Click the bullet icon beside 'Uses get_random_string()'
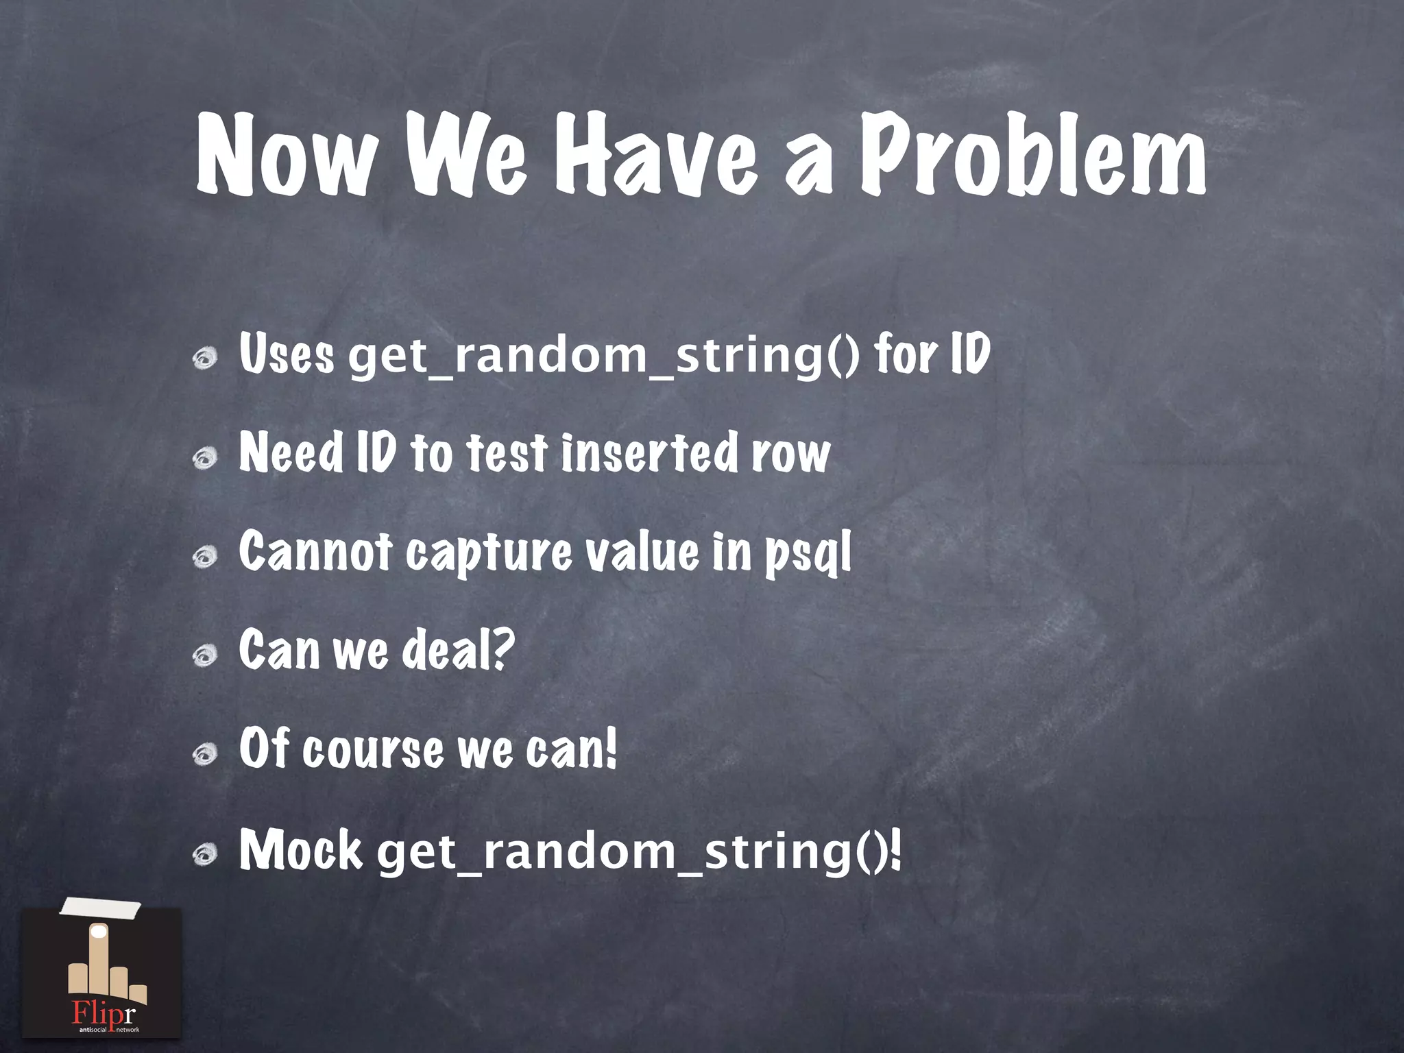tap(205, 357)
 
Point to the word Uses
tap(287, 354)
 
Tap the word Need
tap(291, 452)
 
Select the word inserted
tap(649, 452)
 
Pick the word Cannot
tap(315, 551)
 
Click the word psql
tap(808, 554)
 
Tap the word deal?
tap(457, 650)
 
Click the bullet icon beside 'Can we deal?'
tap(205, 655)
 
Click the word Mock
tap(300, 850)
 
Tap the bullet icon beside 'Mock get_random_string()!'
tap(205, 854)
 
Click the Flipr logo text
tap(104, 1013)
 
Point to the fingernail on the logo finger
tap(99, 932)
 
